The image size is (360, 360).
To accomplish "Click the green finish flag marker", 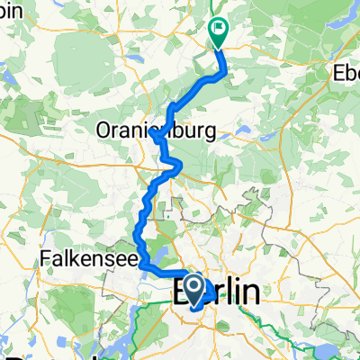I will point(219,32).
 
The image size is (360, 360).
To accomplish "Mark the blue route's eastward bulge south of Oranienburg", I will point(181,164).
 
